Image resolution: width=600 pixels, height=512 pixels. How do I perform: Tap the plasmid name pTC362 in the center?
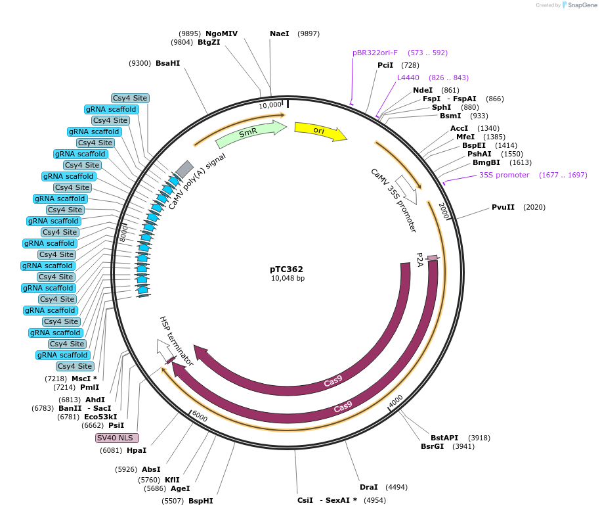(287, 269)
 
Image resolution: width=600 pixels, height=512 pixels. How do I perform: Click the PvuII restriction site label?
(503, 207)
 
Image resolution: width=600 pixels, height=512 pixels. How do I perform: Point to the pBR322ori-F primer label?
(375, 53)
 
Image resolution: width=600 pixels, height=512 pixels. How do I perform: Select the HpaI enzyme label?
(137, 450)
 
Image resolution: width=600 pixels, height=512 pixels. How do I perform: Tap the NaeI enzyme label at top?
(280, 34)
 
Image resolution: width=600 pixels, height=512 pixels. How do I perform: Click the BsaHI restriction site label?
(167, 63)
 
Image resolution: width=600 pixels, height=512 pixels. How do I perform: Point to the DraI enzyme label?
(369, 487)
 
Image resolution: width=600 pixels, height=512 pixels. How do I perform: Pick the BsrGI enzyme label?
(433, 446)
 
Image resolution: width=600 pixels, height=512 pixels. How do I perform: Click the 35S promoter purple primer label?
(504, 175)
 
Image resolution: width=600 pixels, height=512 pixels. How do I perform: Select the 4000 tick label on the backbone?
(396, 400)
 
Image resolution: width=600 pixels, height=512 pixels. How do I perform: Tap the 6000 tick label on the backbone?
(200, 418)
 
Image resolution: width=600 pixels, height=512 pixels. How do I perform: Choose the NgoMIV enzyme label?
(221, 34)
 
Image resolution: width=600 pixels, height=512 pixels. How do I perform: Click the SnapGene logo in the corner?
(579, 5)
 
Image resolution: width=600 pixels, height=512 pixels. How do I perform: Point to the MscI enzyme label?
(82, 379)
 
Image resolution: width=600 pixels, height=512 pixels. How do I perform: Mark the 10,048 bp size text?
(288, 278)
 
